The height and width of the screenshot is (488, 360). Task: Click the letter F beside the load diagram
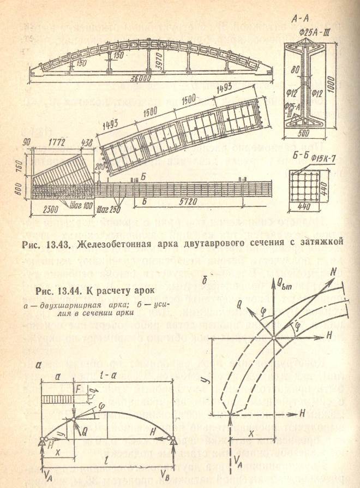(80, 390)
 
